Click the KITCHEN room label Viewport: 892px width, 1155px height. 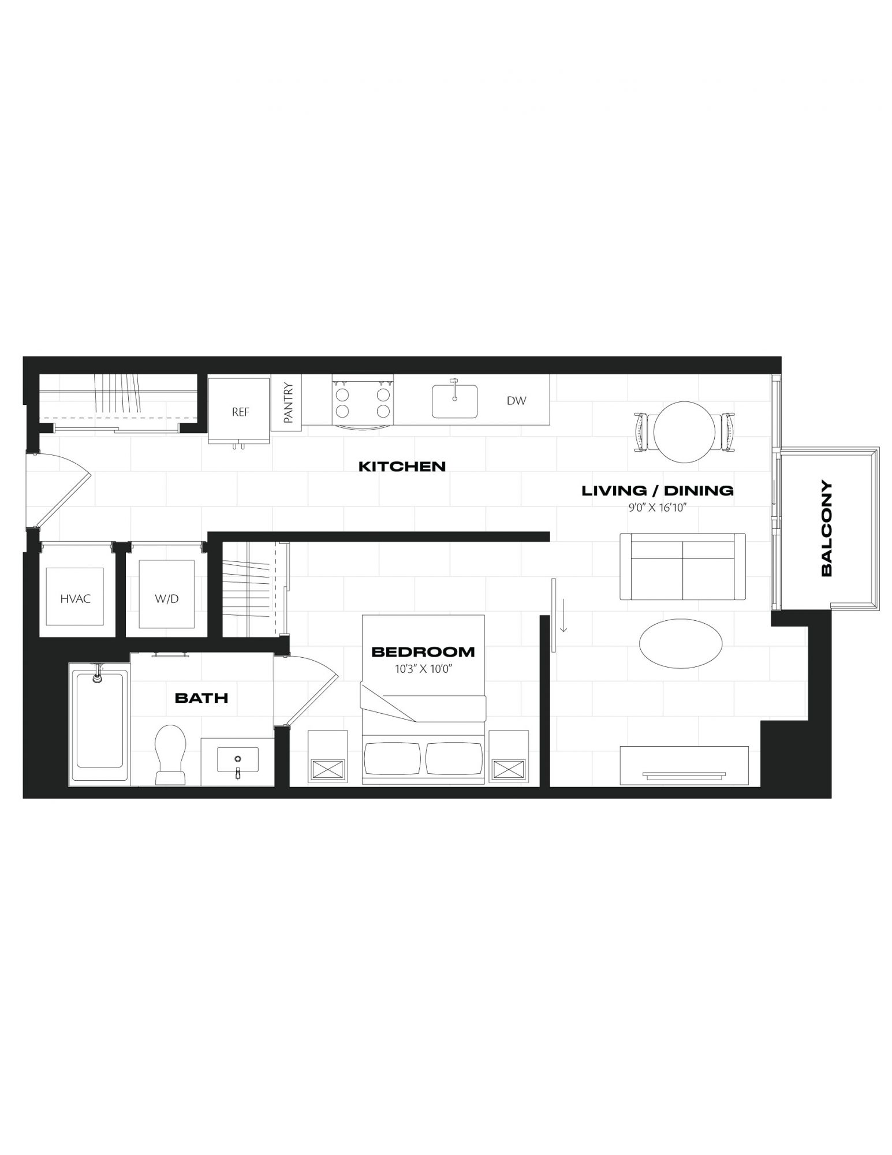(402, 466)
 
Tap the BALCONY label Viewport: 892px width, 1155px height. (826, 528)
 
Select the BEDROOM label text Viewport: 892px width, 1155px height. (423, 652)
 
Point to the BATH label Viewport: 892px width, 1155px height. (201, 698)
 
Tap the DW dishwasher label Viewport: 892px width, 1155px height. (516, 401)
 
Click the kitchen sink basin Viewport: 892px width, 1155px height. (455, 401)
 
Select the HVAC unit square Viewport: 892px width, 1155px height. (75, 597)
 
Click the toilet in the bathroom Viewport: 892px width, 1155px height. (170, 754)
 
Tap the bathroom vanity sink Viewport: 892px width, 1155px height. (237, 760)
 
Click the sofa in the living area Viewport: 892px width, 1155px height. (682, 567)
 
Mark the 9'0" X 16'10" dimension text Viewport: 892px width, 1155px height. (657, 509)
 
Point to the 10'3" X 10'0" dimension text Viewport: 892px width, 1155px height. (423, 669)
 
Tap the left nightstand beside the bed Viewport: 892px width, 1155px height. (328, 756)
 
